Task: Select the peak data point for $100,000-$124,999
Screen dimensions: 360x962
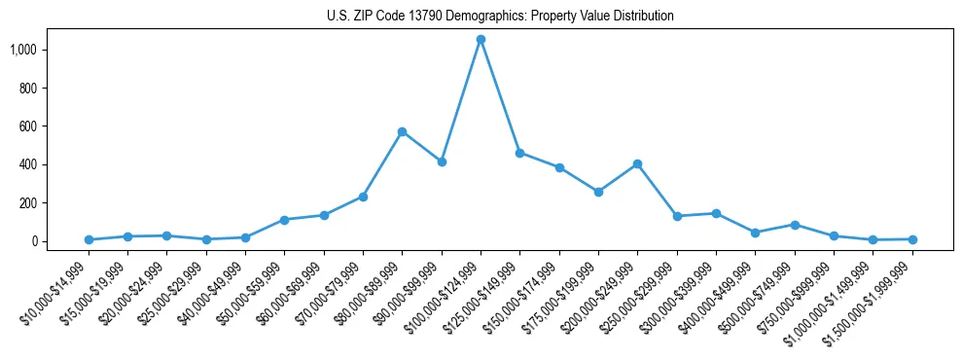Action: (x=481, y=40)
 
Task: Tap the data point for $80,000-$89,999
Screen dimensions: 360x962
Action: (x=402, y=131)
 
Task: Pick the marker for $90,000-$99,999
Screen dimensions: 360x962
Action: (x=442, y=162)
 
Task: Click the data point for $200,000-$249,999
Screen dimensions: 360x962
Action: (x=637, y=163)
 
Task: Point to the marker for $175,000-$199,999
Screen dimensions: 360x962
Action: (x=598, y=192)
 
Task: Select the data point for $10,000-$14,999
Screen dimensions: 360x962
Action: (x=89, y=239)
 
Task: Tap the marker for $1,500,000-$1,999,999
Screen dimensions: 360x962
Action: (x=912, y=239)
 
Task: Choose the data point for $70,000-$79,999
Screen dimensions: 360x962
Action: (x=363, y=197)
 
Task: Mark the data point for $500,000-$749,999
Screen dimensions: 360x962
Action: (x=795, y=225)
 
